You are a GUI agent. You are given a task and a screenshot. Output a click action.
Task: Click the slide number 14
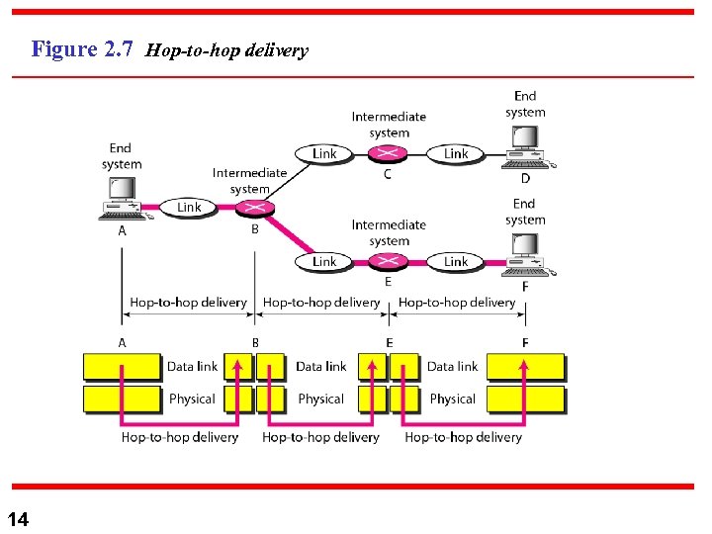click(x=18, y=519)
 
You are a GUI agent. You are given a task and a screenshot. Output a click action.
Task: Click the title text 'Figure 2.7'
click(x=82, y=48)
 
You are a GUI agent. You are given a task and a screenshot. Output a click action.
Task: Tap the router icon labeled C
click(x=388, y=153)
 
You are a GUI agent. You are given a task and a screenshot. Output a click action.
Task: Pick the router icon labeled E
click(x=388, y=261)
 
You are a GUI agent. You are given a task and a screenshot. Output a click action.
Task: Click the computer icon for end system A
click(x=121, y=197)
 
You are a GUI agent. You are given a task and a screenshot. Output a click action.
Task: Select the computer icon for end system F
click(x=524, y=254)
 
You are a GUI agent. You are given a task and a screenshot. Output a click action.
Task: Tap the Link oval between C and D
click(x=456, y=153)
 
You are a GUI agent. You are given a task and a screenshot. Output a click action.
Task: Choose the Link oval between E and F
click(x=456, y=261)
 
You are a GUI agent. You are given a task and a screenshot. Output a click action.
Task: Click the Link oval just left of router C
click(x=324, y=153)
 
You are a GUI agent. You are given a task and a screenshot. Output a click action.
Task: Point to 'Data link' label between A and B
click(x=192, y=366)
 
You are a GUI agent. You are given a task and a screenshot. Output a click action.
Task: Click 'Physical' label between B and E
click(x=320, y=399)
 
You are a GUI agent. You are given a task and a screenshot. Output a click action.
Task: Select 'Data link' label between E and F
click(x=452, y=366)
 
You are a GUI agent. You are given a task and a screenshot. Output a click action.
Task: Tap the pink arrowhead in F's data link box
click(x=524, y=363)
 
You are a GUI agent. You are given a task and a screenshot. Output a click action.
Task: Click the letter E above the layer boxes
click(x=389, y=342)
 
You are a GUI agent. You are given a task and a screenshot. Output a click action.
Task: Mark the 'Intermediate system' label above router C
click(x=389, y=124)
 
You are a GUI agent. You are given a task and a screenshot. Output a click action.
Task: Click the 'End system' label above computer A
click(x=121, y=156)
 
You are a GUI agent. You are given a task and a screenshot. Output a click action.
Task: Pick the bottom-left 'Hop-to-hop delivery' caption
click(x=180, y=436)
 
